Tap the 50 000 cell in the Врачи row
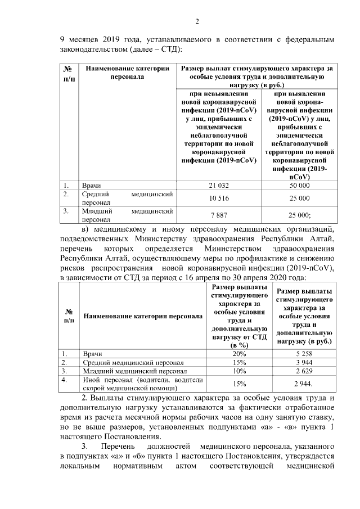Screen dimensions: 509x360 (x=299, y=185)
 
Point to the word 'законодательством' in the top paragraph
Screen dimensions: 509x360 (x=93, y=49)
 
